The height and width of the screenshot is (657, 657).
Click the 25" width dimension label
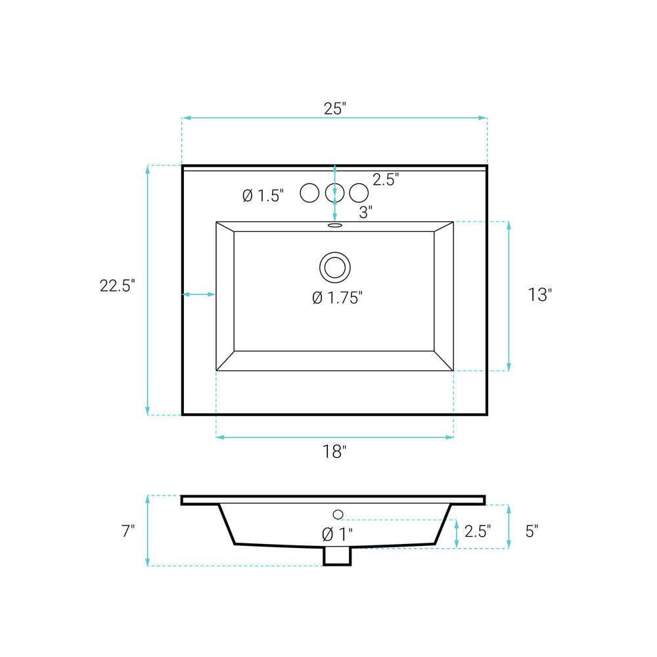point(335,108)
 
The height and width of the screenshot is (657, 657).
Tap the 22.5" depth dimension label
point(118,286)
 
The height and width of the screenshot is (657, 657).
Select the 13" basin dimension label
point(539,294)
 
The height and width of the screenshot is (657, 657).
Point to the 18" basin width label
point(334,452)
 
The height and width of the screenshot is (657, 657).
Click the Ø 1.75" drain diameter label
point(337,298)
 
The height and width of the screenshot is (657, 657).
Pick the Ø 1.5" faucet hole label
point(263,195)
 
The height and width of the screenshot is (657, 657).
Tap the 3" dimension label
point(366,212)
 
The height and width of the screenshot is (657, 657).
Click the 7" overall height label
point(128,531)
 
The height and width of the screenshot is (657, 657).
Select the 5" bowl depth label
point(532,531)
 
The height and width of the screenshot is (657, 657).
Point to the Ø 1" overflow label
point(337,534)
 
